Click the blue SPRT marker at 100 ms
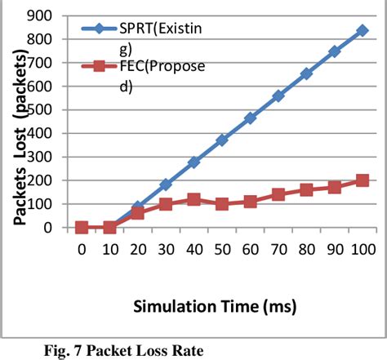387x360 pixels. [x=362, y=31]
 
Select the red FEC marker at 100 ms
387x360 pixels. [x=362, y=180]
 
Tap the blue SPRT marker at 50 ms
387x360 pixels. [x=221, y=140]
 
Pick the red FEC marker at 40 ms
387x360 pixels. [x=193, y=199]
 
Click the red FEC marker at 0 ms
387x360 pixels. [x=82, y=228]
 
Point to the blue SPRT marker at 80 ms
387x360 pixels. [x=306, y=73]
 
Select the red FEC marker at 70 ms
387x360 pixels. [x=278, y=194]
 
